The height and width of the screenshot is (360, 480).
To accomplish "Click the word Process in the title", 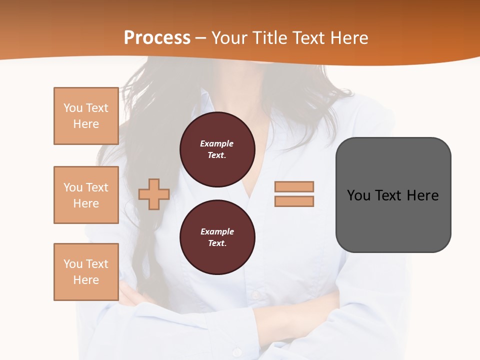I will tap(157, 38).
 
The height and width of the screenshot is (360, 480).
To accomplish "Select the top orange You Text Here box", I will tap(86, 116).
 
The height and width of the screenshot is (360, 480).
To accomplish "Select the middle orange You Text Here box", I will tap(86, 195).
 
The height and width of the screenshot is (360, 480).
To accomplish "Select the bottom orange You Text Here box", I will tap(86, 272).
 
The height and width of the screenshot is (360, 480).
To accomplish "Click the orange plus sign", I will tap(154, 194).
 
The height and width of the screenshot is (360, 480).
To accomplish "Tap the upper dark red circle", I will tap(217, 149).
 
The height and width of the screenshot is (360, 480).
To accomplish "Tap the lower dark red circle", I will tap(217, 237).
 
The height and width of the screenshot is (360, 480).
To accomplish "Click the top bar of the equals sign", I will tap(294, 186).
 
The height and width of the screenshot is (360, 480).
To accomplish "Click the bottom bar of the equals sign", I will tap(294, 201).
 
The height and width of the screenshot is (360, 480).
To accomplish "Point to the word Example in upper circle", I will tap(216, 143).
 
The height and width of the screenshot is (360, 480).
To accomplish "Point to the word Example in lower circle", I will tap(217, 231).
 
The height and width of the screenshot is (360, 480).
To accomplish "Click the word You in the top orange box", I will tap(73, 108).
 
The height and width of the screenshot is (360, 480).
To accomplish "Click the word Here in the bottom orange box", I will tap(86, 280).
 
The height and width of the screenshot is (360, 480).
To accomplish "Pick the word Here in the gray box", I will tap(422, 195).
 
